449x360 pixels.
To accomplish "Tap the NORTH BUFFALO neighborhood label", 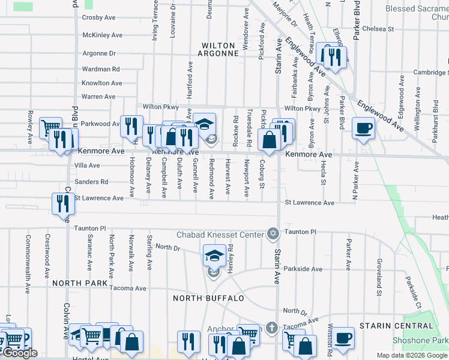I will pos(208,298).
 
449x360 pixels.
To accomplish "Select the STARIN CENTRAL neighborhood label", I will pos(396,326).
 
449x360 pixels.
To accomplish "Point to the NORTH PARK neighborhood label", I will pos(79,283).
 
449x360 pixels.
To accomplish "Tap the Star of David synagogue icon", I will pos(273,233).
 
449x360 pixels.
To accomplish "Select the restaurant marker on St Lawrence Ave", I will pos(63,203).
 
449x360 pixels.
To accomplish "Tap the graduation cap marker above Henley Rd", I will pos(214,256).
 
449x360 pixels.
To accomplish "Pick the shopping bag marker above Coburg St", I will pos(270,140).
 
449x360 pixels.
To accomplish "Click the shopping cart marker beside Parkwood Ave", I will pos(50,127).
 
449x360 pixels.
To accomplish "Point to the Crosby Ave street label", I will pos(98,18).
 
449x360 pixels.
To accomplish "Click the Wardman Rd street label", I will pos(101,70).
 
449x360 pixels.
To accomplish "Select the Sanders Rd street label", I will pos(91,181).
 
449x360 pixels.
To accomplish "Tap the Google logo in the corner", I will pos(19,353).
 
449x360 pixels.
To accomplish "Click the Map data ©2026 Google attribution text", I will pos(411,355).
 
